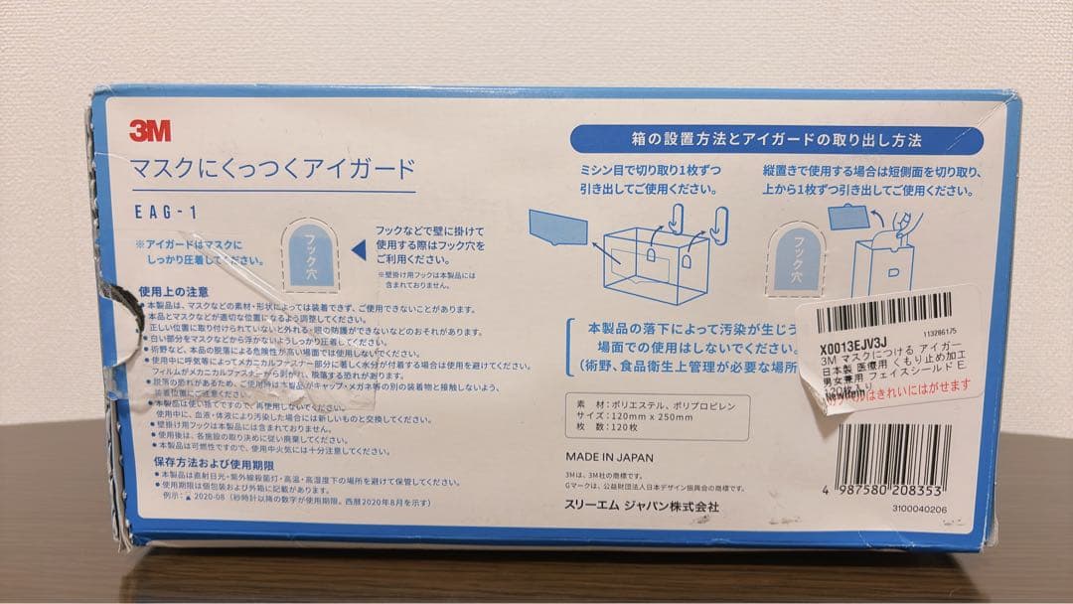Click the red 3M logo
pyautogui.click(x=149, y=130)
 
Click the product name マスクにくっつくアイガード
pyautogui.click(x=272, y=168)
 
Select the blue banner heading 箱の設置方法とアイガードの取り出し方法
pyautogui.click(x=776, y=140)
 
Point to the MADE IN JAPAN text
pyautogui.click(x=609, y=458)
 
